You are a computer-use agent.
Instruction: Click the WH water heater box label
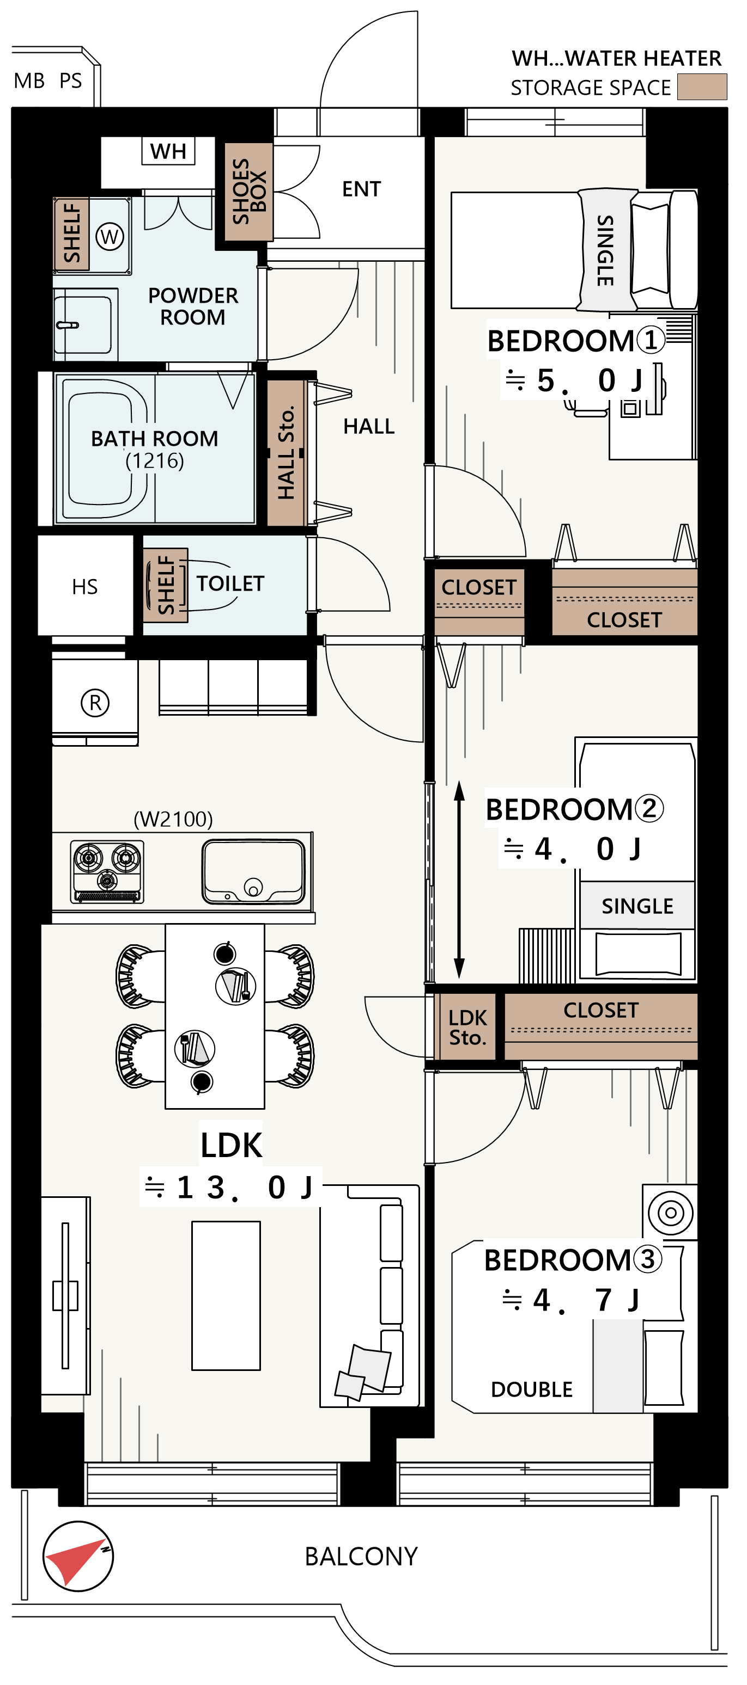click(168, 151)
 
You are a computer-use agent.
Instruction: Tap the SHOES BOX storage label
click(249, 191)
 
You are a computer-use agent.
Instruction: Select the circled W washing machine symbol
click(110, 236)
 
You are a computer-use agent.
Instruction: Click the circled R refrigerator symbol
click(95, 703)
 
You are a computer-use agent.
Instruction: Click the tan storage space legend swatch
click(702, 87)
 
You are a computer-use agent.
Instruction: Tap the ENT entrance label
click(361, 189)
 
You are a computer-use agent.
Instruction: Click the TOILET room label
click(230, 583)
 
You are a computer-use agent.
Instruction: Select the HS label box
click(85, 586)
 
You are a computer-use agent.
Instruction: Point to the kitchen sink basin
click(253, 871)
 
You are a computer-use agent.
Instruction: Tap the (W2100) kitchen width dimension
click(173, 819)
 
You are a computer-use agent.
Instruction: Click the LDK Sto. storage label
click(467, 1028)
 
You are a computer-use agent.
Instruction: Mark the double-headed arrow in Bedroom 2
click(460, 880)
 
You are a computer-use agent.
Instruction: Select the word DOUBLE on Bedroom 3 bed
click(532, 1389)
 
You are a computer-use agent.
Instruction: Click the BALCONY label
click(361, 1556)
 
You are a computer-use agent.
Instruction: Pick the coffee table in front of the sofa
click(226, 1295)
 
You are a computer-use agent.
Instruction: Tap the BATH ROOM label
click(155, 438)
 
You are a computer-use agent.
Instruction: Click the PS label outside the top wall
click(71, 81)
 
